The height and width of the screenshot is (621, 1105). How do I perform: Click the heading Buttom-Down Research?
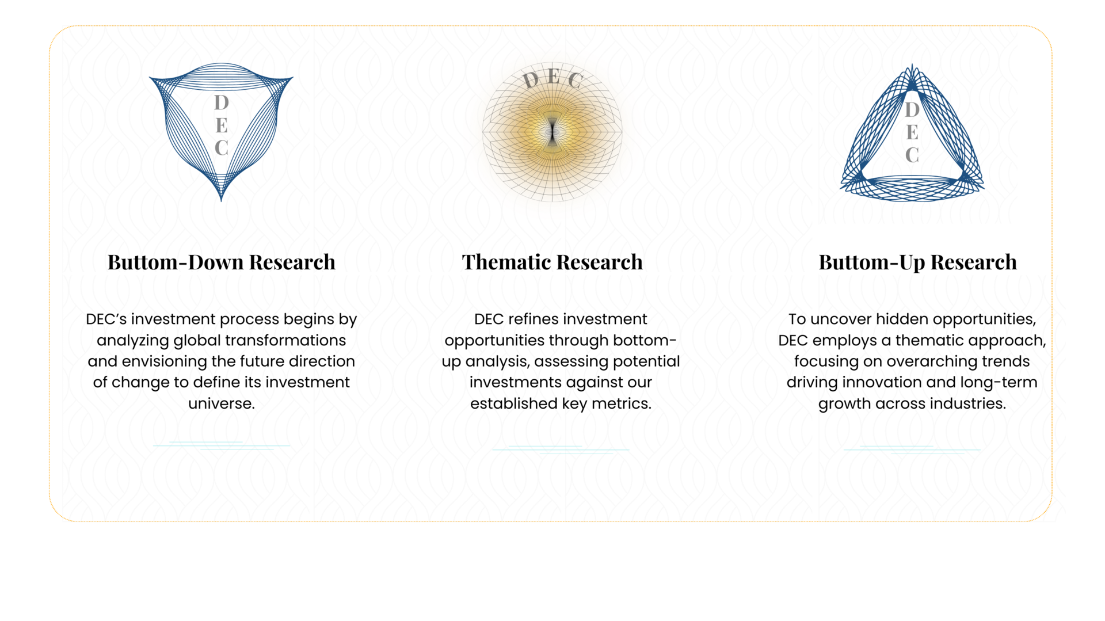point(222,262)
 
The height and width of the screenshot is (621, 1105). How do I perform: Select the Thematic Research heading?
point(552,262)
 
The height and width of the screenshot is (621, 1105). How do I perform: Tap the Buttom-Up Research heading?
point(918,263)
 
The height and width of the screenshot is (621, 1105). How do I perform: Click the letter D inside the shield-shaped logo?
point(222,102)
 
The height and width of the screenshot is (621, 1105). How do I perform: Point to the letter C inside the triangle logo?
point(912,155)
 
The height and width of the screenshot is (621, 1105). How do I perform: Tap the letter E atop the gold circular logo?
point(553,76)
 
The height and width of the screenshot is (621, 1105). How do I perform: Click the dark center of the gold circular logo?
point(552,132)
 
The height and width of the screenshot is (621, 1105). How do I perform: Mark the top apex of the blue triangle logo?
point(912,65)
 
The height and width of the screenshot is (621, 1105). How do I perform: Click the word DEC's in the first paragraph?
point(106,319)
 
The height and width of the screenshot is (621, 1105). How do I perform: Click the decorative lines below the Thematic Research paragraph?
point(561,449)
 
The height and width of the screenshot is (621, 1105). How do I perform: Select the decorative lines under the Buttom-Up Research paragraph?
point(912,449)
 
